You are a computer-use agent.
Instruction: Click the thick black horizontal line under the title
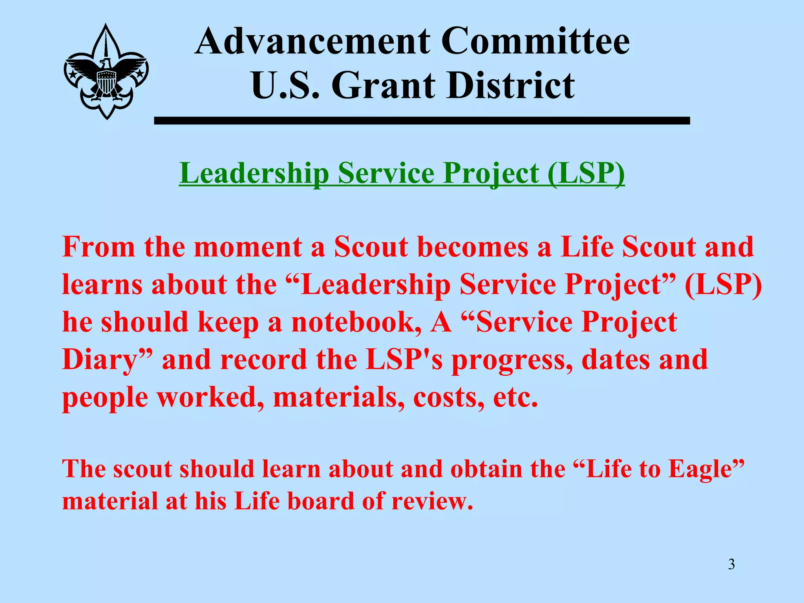pos(422,121)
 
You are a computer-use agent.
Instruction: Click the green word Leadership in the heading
pos(254,173)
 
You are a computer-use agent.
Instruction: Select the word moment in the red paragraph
pos(248,247)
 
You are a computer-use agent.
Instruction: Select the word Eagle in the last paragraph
pos(705,469)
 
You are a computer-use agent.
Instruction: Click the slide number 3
pos(731,565)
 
